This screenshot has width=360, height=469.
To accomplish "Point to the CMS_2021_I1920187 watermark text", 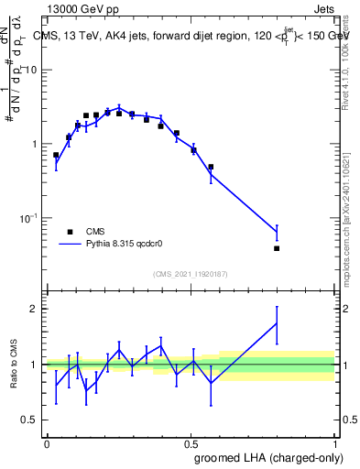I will [x=191, y=274].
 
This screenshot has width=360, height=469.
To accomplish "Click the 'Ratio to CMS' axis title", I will [x=14, y=365].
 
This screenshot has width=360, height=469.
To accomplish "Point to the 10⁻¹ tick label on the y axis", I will [x=30, y=218].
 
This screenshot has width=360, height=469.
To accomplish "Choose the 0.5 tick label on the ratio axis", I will [x=32, y=420].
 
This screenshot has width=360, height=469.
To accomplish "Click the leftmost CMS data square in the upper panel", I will [x=56, y=155].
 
